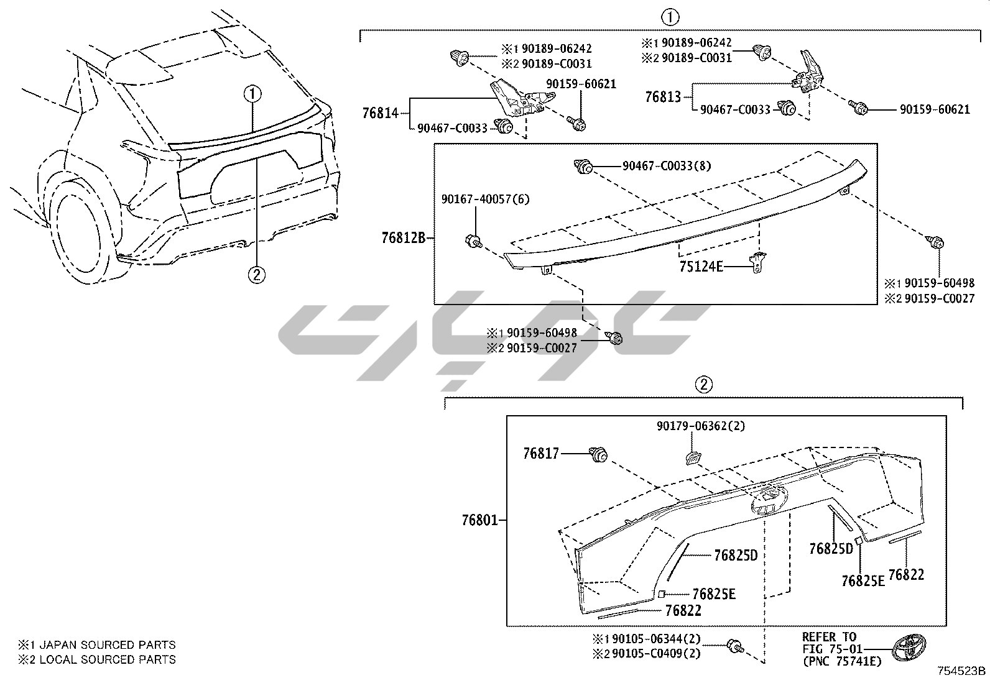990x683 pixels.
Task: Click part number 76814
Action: pos(380,113)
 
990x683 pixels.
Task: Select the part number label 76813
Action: pos(663,97)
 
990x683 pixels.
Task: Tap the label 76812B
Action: pos(403,237)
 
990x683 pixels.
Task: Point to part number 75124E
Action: pos(701,267)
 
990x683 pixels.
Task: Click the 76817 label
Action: pos(541,454)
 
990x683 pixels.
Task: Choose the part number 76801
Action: pos(480,520)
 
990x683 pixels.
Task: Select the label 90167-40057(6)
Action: pos(477,199)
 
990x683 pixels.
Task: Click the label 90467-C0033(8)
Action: pos(667,166)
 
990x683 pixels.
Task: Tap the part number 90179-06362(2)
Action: pos(700,426)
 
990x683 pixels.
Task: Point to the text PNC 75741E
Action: pos(842,662)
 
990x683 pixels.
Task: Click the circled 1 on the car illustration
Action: pos(252,94)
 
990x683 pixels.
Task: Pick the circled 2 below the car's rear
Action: pos(257,274)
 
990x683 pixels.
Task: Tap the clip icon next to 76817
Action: pos(598,456)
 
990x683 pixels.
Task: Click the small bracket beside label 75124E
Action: pos(759,262)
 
